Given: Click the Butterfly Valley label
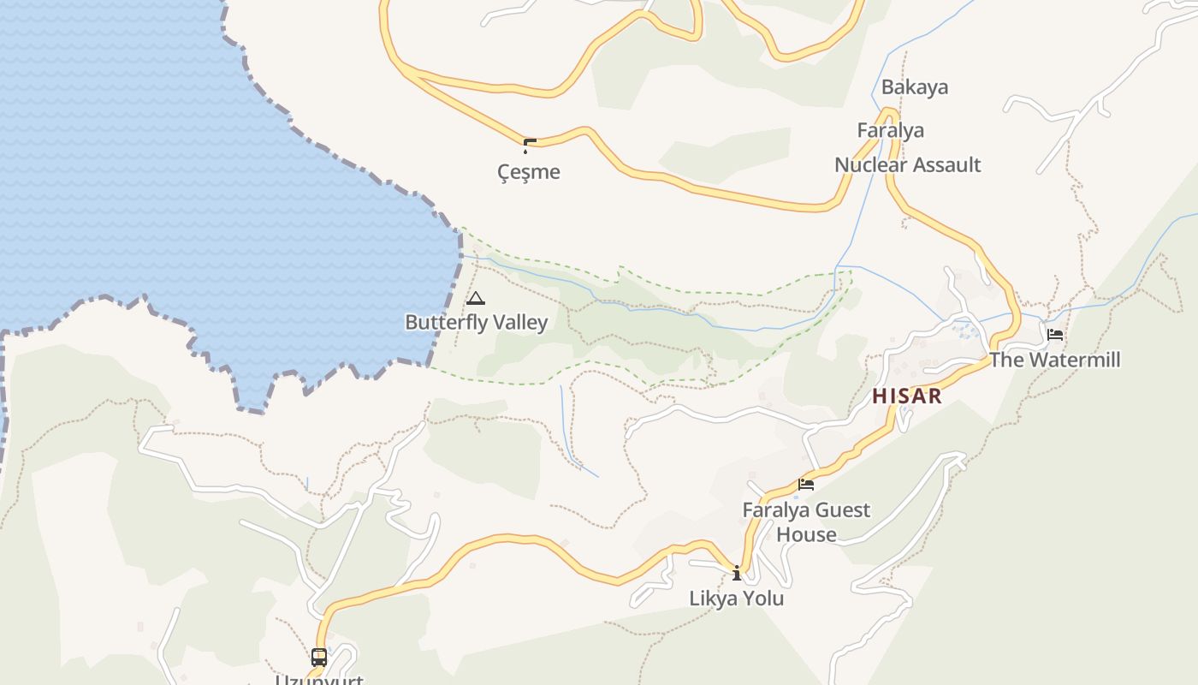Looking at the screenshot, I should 476,322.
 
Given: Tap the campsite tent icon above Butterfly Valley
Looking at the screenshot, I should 476,299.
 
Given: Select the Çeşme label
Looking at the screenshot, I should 529,172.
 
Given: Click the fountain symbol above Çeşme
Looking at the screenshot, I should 529,146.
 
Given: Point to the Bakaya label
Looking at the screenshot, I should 915,87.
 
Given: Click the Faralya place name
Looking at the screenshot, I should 891,130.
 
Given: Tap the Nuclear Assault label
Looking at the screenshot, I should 907,164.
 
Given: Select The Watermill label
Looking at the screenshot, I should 1054,360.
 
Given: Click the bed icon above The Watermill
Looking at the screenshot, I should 1055,334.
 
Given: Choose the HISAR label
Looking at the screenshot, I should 907,396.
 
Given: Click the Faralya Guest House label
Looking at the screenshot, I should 806,522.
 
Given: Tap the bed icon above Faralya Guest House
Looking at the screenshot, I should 805,485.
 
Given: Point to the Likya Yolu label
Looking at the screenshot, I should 737,599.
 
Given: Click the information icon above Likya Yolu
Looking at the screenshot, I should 737,573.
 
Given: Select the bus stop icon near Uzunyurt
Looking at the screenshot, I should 319,658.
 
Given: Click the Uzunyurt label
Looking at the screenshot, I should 319,680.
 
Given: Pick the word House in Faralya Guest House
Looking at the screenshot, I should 806,534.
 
